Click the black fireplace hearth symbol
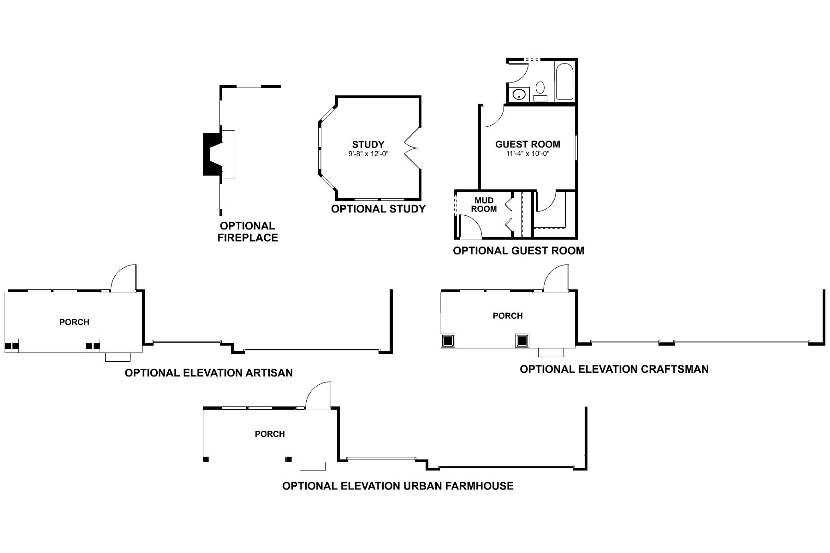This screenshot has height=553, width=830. tap(210, 154)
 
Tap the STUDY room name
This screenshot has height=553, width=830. tap(368, 145)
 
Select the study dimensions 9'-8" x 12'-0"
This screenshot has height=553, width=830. tap(368, 154)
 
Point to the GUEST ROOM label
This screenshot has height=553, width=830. tap(528, 144)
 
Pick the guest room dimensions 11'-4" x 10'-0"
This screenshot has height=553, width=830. tap(528, 153)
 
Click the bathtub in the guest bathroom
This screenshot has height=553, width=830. tap(565, 82)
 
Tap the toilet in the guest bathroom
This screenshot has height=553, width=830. tap(540, 90)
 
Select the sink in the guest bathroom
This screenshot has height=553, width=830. tap(520, 95)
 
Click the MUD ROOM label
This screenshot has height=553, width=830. tap(484, 205)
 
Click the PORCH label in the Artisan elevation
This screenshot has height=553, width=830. tap(74, 322)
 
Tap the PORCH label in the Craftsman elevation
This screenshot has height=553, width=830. tap(508, 316)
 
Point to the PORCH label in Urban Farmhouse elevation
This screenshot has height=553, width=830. tap(270, 434)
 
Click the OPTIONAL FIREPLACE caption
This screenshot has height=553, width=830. tap(248, 232)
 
